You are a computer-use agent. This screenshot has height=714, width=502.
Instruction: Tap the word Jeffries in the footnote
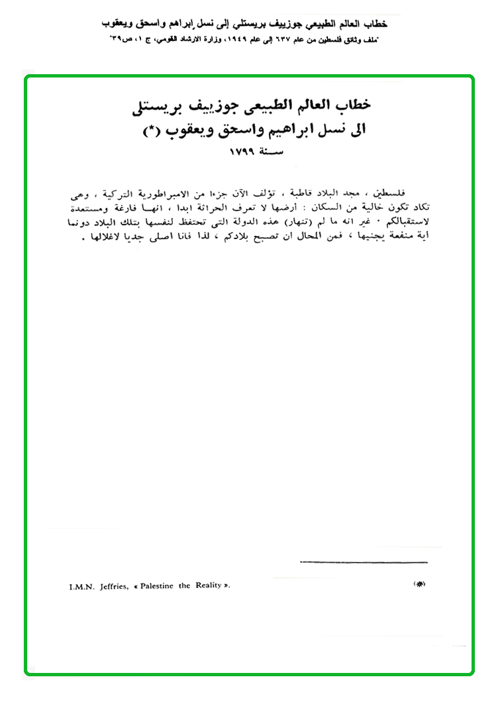click(x=111, y=586)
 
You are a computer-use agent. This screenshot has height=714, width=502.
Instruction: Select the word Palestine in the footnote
click(x=155, y=586)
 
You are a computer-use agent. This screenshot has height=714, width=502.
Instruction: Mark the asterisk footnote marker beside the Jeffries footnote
click(x=419, y=584)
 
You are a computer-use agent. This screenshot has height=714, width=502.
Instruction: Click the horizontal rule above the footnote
click(x=364, y=562)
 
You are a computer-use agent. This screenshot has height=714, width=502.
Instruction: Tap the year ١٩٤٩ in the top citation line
click(x=228, y=40)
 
